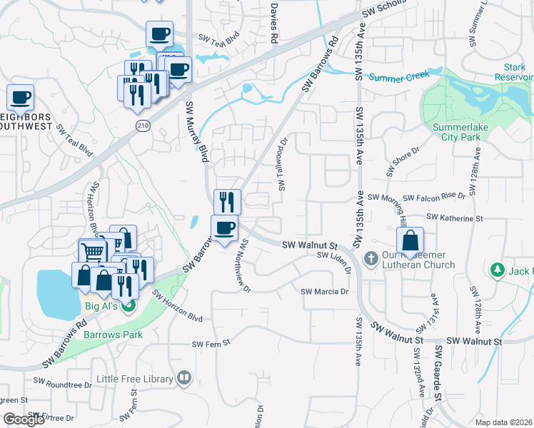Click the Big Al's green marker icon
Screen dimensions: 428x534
coord(129,307)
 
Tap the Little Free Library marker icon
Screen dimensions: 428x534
coord(184,377)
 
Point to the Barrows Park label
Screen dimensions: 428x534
coord(113,334)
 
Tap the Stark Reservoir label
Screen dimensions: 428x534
coord(515,71)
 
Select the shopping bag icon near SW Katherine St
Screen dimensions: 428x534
coord(410,240)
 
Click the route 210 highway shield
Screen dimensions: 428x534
coord(143,125)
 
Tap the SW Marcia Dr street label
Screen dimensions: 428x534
coord(324,292)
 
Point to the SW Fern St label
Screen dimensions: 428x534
coord(211,343)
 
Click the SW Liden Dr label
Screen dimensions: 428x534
coord(334,262)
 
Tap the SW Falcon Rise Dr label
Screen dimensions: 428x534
coord(434,196)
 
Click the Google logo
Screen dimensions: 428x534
coord(24,419)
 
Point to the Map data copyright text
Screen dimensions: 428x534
coord(504,422)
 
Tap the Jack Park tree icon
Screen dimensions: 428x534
coord(498,270)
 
